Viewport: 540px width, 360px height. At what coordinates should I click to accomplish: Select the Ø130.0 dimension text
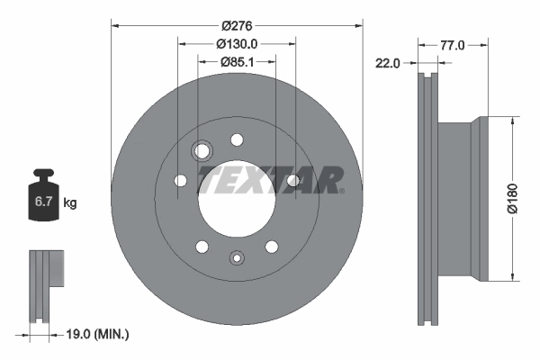(238, 42)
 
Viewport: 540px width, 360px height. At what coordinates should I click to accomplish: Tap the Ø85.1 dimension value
(238, 62)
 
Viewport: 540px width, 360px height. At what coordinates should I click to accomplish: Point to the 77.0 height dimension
(452, 43)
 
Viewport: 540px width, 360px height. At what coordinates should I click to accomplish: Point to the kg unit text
(70, 203)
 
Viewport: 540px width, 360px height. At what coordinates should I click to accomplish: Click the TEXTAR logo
(270, 179)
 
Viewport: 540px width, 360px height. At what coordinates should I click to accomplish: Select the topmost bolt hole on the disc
(238, 139)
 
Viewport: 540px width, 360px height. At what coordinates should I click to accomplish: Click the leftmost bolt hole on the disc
(180, 182)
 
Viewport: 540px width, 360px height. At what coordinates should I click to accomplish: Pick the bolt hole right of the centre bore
(292, 182)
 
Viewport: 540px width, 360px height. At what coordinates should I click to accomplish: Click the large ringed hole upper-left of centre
(202, 150)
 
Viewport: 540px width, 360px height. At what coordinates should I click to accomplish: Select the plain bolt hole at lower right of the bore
(271, 246)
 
